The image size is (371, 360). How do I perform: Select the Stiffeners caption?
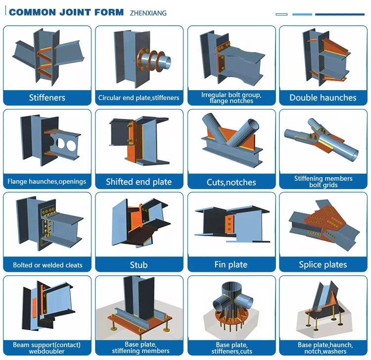(x=47, y=98)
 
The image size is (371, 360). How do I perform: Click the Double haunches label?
(x=323, y=98)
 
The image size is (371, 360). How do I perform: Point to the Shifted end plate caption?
(x=139, y=182)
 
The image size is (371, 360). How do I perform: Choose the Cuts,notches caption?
(x=231, y=182)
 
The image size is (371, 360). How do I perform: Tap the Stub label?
(x=139, y=265)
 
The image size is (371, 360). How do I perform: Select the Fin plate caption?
(x=231, y=264)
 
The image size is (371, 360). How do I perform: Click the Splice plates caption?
(x=323, y=264)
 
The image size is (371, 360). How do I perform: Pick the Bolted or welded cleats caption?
(x=47, y=265)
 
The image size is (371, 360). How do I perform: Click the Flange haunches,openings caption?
(x=47, y=182)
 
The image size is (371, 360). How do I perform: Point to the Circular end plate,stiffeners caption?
(x=139, y=98)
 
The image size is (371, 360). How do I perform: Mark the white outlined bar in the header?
(x=281, y=14)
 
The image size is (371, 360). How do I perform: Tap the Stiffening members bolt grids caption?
(x=323, y=182)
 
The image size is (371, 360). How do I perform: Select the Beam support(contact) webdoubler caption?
(x=47, y=348)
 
